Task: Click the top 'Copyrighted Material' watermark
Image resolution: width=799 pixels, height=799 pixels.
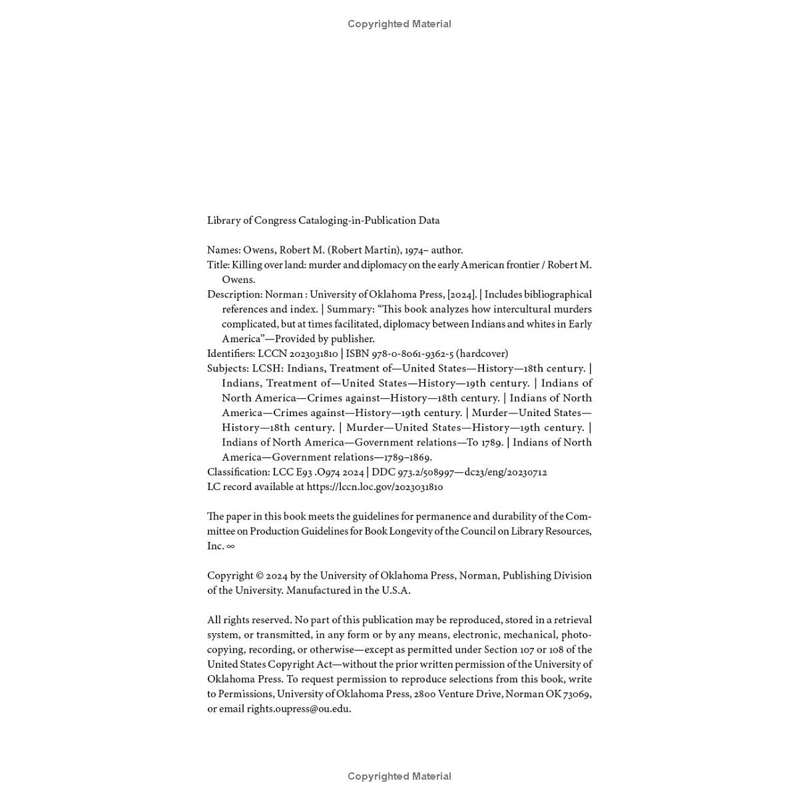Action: click(x=400, y=24)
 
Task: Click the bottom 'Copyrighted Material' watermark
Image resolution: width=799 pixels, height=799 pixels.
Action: click(x=400, y=776)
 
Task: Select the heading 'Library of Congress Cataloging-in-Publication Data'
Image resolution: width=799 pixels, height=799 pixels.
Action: click(x=323, y=220)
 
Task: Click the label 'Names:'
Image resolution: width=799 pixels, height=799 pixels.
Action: click(x=224, y=250)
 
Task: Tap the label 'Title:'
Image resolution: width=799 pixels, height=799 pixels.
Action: click(x=218, y=265)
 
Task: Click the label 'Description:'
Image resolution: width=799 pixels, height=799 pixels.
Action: click(x=234, y=294)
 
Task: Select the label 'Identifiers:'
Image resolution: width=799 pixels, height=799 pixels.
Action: click(x=231, y=354)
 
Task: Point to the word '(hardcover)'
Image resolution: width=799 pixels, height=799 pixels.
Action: click(x=482, y=354)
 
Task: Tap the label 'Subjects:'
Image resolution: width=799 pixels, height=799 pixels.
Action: click(x=228, y=368)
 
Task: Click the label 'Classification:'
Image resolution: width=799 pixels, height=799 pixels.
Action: click(x=238, y=472)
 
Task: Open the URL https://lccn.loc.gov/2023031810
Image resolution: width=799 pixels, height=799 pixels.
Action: click(x=374, y=487)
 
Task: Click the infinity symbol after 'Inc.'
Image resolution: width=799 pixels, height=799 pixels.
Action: click(x=230, y=546)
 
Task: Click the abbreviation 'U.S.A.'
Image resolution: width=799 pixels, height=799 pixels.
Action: click(x=396, y=591)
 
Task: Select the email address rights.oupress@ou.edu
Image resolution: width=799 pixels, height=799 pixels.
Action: click(x=298, y=709)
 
